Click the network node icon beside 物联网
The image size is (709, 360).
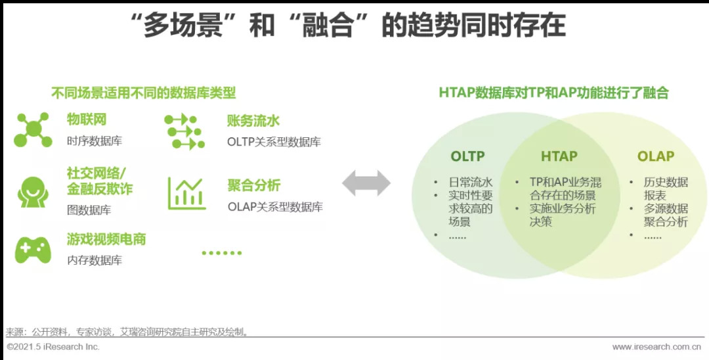33,130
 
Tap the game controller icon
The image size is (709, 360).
33,250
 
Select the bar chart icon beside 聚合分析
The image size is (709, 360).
186,194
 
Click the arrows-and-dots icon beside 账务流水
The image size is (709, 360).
184,131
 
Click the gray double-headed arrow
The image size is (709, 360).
366,183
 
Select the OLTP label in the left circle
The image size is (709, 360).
467,156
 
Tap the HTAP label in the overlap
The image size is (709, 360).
559,156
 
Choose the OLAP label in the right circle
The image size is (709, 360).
656,156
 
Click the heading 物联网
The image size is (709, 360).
87,120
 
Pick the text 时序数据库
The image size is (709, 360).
95,141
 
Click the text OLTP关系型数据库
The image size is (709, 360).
274,142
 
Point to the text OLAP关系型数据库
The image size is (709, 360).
275,207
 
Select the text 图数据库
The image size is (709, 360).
89,210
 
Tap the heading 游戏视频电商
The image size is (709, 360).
107,239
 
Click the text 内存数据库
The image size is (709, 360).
95,261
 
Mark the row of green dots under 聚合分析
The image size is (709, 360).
222,253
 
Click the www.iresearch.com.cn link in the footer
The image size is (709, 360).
656,348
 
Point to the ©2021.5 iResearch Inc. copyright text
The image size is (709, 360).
53,347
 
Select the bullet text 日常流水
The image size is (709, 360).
470,183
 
